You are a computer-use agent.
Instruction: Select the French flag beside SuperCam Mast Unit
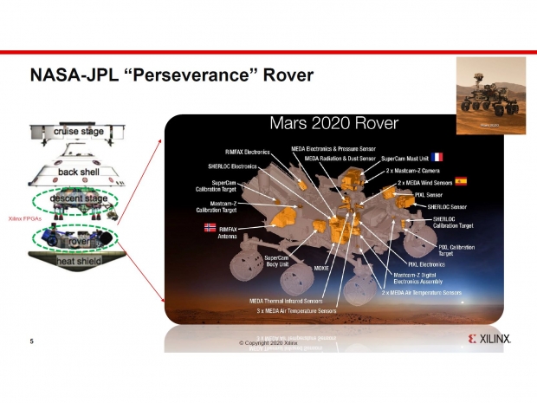(x=437, y=157)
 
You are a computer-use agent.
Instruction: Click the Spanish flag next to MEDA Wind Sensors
(x=461, y=182)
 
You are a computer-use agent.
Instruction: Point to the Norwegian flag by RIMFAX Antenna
(x=208, y=228)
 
